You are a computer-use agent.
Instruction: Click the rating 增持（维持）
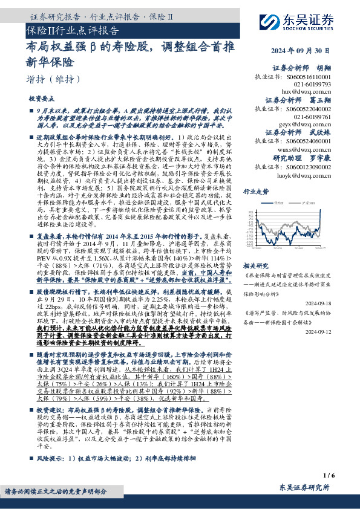pyautogui.click(x=54, y=79)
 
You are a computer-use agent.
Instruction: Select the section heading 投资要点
pyautogui.click(x=42, y=98)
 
